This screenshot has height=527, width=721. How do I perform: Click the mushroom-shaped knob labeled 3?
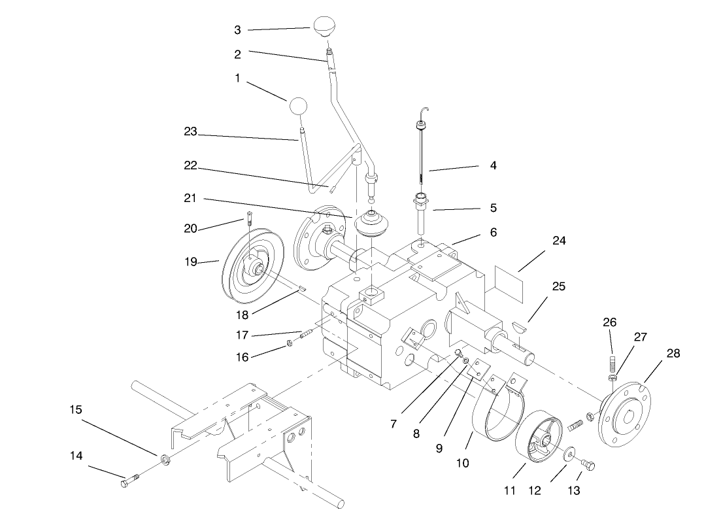(x=324, y=27)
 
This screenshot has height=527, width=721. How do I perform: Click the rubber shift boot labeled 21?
(x=370, y=226)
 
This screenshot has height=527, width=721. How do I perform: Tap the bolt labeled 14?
(x=128, y=483)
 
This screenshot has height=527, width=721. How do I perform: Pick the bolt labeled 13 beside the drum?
(x=587, y=465)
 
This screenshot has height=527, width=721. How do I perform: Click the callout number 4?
(x=493, y=166)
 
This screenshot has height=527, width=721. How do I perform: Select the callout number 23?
(x=190, y=131)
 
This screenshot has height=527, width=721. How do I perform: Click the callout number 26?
(x=609, y=322)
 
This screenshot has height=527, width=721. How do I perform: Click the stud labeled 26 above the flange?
(x=612, y=363)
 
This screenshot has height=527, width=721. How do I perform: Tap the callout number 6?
(x=493, y=232)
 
